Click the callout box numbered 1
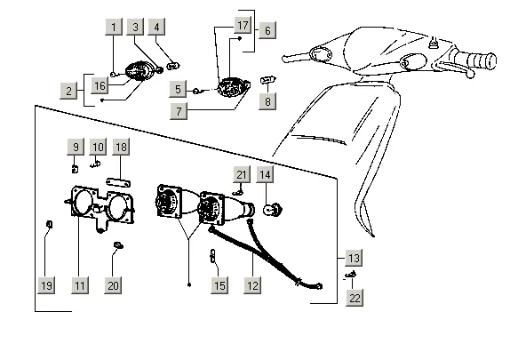pyautogui.click(x=114, y=27)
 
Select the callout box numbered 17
pyautogui.click(x=243, y=25)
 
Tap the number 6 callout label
pyautogui.click(x=267, y=30)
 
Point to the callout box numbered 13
pyautogui.click(x=354, y=259)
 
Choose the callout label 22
pyautogui.click(x=355, y=298)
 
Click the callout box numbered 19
pyautogui.click(x=46, y=285)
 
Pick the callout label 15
pyautogui.click(x=219, y=285)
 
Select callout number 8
pyautogui.click(x=267, y=101)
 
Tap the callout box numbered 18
pyautogui.click(x=121, y=147)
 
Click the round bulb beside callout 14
pyautogui.click(x=274, y=210)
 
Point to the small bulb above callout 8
pyautogui.click(x=268, y=80)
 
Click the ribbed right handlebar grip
pyautogui.click(x=479, y=60)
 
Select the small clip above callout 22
pyautogui.click(x=351, y=275)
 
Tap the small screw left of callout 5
pyautogui.click(x=196, y=91)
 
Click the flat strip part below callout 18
pyautogui.click(x=118, y=182)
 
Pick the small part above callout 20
pyautogui.click(x=118, y=245)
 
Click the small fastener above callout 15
pyautogui.click(x=212, y=257)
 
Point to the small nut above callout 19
pyautogui.click(x=50, y=225)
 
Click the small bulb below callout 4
pyautogui.click(x=173, y=66)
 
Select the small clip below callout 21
pyautogui.click(x=238, y=192)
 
